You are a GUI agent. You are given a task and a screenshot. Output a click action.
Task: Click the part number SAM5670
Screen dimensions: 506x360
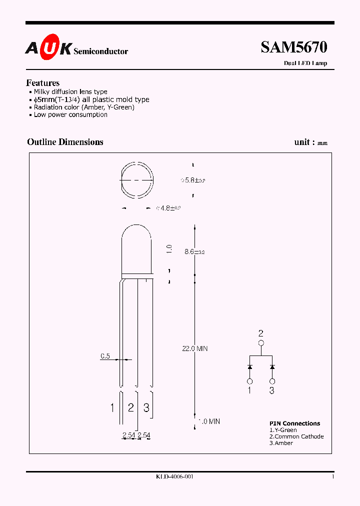pos(293,47)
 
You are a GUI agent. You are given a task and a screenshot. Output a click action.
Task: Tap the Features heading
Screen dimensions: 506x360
pos(43,83)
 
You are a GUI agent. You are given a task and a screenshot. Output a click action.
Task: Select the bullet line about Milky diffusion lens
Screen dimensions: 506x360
pos(70,92)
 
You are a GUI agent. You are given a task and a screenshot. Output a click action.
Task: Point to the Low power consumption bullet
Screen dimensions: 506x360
pos(70,114)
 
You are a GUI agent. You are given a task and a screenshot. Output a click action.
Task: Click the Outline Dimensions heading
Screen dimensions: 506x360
pos(65,142)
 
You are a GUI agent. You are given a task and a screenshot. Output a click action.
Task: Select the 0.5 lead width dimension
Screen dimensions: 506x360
pos(105,356)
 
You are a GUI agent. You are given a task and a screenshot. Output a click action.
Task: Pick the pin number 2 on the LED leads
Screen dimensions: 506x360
pos(130,407)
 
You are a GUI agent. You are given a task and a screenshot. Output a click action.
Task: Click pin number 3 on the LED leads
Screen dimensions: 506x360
pos(146,407)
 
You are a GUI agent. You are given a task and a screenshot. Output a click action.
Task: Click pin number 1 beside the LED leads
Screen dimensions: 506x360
pos(112,408)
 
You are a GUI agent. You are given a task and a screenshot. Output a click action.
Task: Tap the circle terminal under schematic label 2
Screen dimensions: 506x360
pos(260,343)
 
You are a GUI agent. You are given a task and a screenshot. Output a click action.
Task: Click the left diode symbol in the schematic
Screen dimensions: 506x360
pos(249,367)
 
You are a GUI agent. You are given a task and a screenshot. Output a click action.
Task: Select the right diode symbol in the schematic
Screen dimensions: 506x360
pos(272,367)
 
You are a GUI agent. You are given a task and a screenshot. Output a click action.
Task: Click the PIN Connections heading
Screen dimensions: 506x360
pos(294,423)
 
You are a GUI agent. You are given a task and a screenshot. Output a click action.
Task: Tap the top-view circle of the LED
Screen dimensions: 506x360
pos(136,179)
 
